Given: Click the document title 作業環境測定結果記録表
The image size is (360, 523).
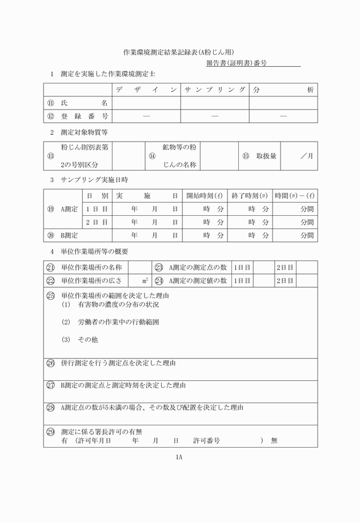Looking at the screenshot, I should pyautogui.click(x=179, y=52).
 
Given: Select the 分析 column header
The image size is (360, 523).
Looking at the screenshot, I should pyautogui.click(x=283, y=90).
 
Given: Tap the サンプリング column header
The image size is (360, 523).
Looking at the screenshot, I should pyautogui.click(x=215, y=90).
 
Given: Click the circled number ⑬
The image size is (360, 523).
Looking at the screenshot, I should pyautogui.click(x=51, y=156).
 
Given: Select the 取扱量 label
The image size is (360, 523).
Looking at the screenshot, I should pyautogui.click(x=266, y=156).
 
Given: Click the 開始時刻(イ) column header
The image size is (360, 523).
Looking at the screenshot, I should pyautogui.click(x=203, y=196).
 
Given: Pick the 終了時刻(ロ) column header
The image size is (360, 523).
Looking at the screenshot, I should pyautogui.click(x=249, y=196).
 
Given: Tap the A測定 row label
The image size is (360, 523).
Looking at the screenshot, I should pyautogui.click(x=69, y=209).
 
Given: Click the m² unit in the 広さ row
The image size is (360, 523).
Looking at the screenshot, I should pyautogui.click(x=146, y=280).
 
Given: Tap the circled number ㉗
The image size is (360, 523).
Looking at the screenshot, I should pyautogui.click(x=51, y=385).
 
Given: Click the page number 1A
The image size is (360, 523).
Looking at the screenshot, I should pyautogui.click(x=179, y=457).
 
